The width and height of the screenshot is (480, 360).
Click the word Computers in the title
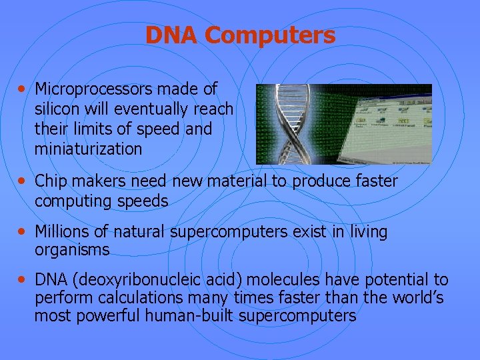pos(273,35)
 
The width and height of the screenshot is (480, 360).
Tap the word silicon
pos(58,109)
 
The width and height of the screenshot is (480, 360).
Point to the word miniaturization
pos(88,149)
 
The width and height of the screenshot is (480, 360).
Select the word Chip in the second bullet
pos(51,181)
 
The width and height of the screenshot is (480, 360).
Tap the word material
pos(265,181)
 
